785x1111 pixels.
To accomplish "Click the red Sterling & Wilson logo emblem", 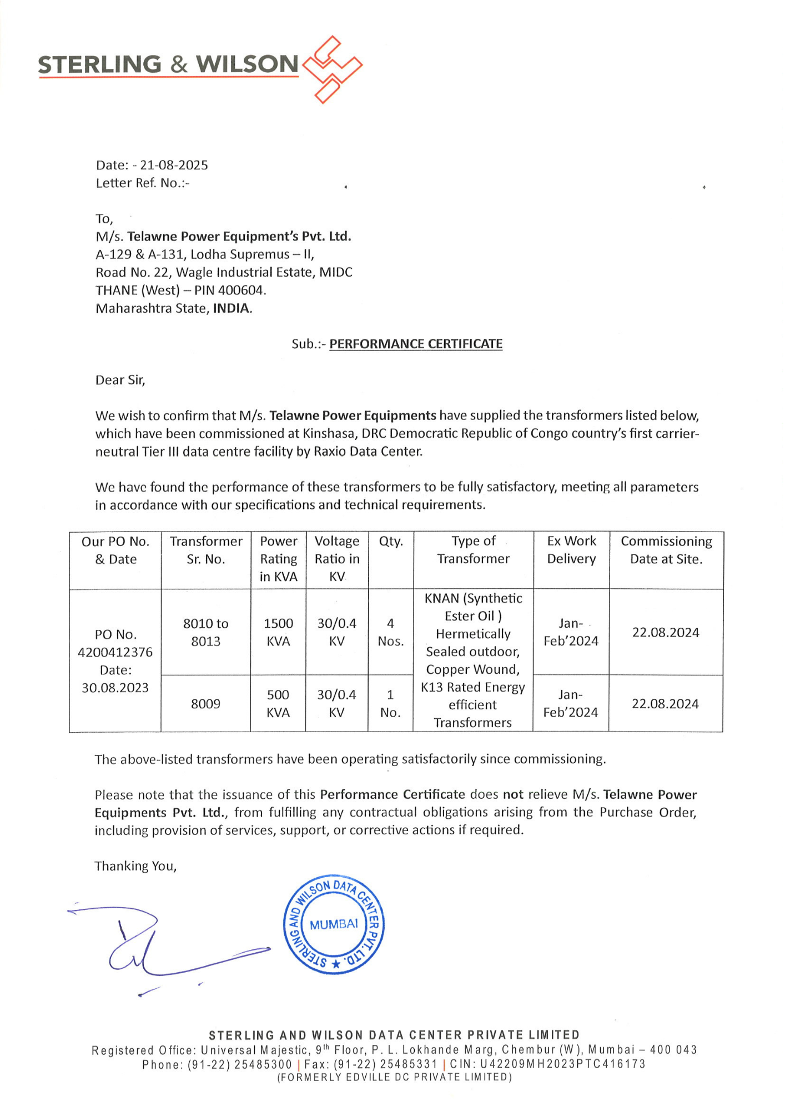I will pos(332,69).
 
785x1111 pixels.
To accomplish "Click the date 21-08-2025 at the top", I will pos(174,165).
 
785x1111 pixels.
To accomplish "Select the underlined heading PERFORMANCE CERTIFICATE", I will pos(416,344).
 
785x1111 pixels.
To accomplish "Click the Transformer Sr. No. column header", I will pos(206,550).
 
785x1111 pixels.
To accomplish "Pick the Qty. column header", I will pos(391,541).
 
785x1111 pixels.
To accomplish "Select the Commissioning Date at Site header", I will pos(666,550).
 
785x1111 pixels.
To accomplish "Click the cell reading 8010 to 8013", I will pos(206,632).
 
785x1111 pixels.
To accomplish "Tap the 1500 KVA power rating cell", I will pos(278,632).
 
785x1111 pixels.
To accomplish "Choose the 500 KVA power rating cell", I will pos(278,703).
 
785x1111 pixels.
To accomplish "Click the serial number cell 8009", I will pos(206,704).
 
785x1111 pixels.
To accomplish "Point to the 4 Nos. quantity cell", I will pos(391,632).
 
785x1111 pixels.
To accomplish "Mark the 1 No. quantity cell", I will pos(391,703).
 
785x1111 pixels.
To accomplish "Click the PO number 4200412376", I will pos(115,652).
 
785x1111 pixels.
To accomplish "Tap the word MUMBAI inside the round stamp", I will pos(334,925).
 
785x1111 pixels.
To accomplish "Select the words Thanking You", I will pos(135,866).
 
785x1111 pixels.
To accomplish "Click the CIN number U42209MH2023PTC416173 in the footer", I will pos(563,1064).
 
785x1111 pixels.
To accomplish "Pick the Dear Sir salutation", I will pos(120,380).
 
